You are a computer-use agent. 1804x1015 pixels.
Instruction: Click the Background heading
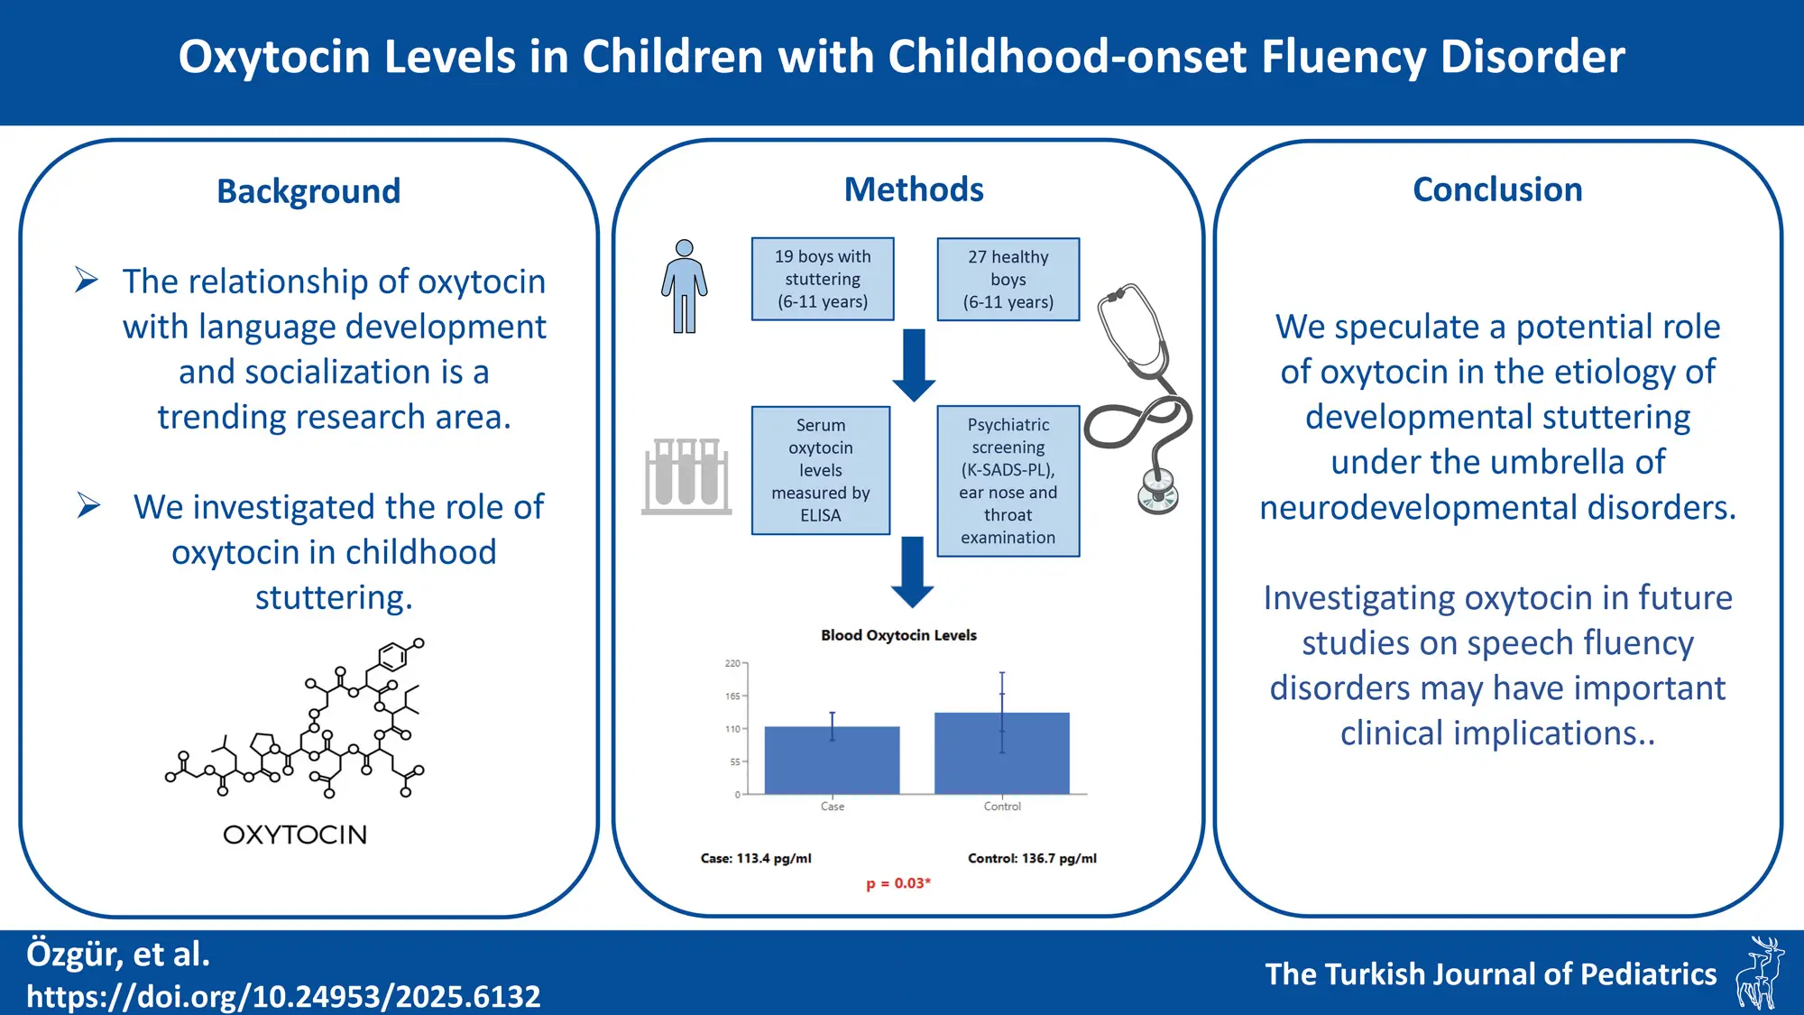[x=308, y=191]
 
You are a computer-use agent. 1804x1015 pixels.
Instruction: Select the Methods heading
[x=913, y=189]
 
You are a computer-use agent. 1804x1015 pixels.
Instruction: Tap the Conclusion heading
[x=1497, y=189]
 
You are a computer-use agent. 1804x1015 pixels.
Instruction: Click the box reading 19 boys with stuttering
[x=823, y=279]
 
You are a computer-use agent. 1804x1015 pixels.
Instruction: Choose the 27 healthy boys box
[x=1008, y=279]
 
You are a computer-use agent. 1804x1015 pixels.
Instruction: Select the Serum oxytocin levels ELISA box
[x=821, y=470]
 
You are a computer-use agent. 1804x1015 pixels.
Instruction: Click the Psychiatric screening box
[x=1008, y=480]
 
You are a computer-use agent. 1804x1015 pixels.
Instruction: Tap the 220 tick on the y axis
[x=732, y=663]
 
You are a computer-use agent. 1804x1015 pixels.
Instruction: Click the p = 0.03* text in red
[x=898, y=883]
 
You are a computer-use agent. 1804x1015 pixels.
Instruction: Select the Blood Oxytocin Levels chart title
[x=898, y=635]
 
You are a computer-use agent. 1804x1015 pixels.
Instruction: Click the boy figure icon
[x=685, y=286]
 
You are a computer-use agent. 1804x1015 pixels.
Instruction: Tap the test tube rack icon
[x=686, y=475]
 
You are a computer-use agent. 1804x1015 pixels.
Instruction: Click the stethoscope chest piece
[x=1158, y=492]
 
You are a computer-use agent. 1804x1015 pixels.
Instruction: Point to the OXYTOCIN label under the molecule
[x=295, y=835]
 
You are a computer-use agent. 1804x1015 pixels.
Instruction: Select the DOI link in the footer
[x=283, y=996]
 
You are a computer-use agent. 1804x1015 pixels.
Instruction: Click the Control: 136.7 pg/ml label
[x=1032, y=858]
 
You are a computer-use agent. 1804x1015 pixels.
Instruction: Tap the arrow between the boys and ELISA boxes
[x=914, y=364]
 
